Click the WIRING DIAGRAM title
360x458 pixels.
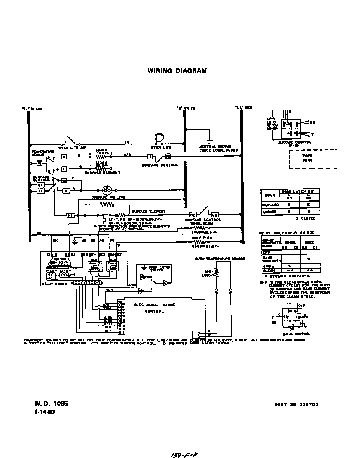point(177,71)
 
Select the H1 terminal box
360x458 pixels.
point(70,215)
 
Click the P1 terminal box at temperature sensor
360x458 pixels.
point(40,164)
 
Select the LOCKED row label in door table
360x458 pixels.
point(268,212)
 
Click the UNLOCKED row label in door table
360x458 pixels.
point(270,205)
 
